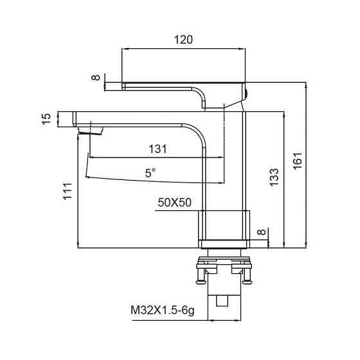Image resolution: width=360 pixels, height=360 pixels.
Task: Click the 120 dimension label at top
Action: coord(183,40)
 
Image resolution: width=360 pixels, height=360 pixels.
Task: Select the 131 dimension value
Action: coord(157,149)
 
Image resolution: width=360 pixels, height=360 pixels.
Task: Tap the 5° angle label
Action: coord(150,173)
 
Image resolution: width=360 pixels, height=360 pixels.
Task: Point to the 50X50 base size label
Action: coord(174,203)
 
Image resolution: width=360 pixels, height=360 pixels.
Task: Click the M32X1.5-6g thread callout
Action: coord(163,310)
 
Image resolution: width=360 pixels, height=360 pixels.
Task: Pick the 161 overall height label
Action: coord(298,161)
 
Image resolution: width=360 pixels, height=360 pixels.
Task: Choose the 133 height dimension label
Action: coord(274,177)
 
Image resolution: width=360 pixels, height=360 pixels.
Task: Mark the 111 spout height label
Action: coord(67,192)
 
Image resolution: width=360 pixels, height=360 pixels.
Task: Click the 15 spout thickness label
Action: coord(46,119)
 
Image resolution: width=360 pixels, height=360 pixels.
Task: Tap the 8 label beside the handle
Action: coord(96,77)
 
